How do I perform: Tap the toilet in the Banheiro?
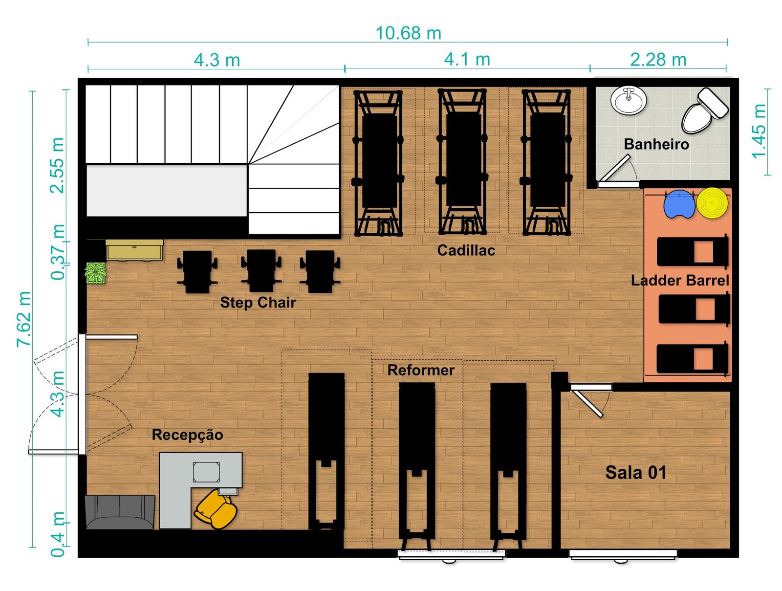point(704,110)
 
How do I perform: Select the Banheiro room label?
point(656,144)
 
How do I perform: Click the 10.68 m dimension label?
point(408,33)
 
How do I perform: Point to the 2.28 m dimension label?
point(658,60)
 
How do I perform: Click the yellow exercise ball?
point(712,203)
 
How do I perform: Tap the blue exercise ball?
point(679,204)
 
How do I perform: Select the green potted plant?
point(95,273)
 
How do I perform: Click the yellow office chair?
point(216,509)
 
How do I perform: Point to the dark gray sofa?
point(120,511)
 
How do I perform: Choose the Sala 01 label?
point(635,472)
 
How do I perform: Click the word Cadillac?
point(466,250)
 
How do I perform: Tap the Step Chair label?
point(258,303)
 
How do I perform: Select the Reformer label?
point(421,370)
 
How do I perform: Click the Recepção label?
point(187,435)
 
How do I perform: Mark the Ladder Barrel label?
point(680,281)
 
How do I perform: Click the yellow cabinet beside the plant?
point(135,250)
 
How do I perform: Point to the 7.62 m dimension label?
point(24,319)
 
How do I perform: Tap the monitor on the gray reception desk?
point(206,471)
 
